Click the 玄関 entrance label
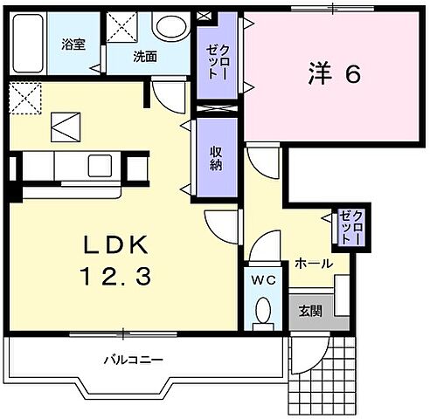point(310,311)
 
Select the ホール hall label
point(312,263)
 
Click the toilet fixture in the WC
point(261,312)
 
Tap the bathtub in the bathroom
point(27,42)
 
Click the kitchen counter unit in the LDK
point(70,167)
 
